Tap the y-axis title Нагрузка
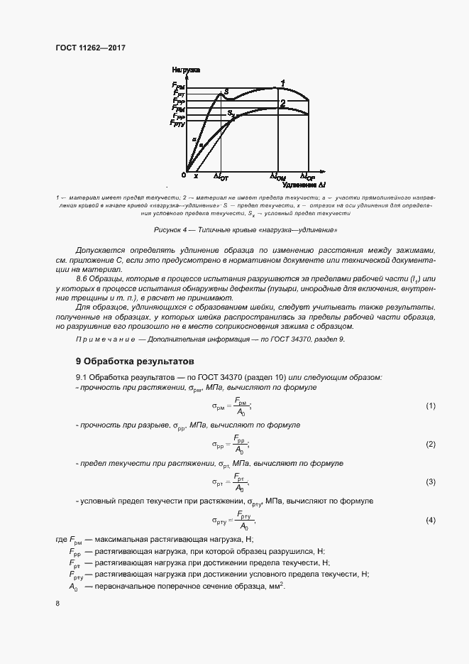pyautogui.click(x=186, y=70)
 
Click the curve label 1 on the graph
pyautogui.click(x=282, y=83)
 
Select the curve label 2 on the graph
pyautogui.click(x=282, y=104)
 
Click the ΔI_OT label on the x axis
pyautogui.click(x=221, y=176)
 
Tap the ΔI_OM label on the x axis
pyautogui.click(x=277, y=176)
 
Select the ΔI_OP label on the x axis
pyautogui.click(x=307, y=176)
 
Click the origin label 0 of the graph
pyautogui.click(x=183, y=175)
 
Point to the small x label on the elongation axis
pyautogui.click(x=196, y=175)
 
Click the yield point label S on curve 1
pyautogui.click(x=226, y=92)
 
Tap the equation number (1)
pyautogui.click(x=430, y=406)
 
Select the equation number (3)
pyautogui.click(x=430, y=482)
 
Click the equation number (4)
pyautogui.click(x=430, y=521)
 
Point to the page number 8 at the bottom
pyautogui.click(x=57, y=604)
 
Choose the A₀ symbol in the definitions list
pyautogui.click(x=73, y=587)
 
